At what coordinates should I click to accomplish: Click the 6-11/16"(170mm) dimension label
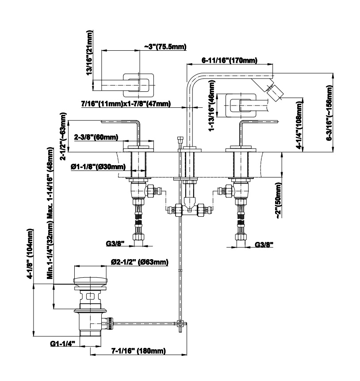(230, 60)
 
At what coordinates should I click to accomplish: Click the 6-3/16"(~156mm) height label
(329, 113)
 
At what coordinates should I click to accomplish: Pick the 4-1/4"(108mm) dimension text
(300, 126)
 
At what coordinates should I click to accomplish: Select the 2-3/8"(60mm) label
(96, 137)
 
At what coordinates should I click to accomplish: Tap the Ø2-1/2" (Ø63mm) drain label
(139, 262)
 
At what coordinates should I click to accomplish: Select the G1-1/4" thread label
(62, 343)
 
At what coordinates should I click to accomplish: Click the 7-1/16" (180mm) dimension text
(138, 351)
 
